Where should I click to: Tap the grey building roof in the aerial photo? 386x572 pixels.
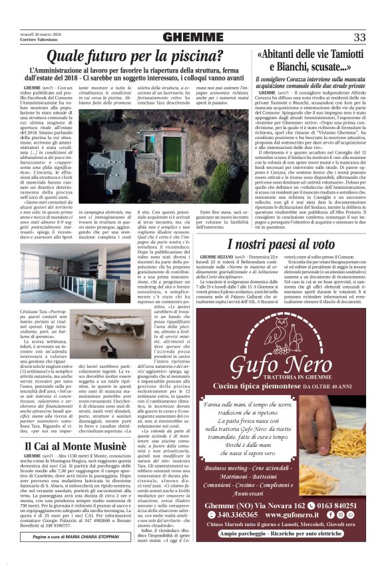(110, 166)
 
